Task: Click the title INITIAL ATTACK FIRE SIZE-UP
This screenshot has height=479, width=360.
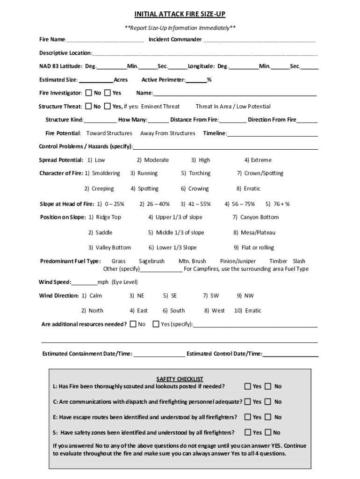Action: click(x=180, y=15)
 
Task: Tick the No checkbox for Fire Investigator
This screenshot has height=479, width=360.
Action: click(x=89, y=93)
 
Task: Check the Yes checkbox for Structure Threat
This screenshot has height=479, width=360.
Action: click(x=108, y=106)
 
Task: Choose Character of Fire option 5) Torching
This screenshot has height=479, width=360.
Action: click(x=196, y=173)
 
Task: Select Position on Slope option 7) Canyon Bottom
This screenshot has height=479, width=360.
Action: click(x=256, y=217)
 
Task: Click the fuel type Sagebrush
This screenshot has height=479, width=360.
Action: click(x=151, y=261)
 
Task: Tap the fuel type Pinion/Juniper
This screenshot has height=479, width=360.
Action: click(x=238, y=261)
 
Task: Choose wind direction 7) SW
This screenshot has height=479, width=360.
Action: click(x=211, y=296)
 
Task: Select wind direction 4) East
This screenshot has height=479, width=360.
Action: click(x=139, y=310)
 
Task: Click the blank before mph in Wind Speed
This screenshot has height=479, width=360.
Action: click(x=84, y=283)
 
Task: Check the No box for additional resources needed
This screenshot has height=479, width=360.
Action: click(x=133, y=324)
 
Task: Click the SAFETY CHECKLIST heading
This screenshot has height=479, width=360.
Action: click(x=180, y=379)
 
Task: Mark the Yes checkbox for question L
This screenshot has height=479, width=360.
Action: click(x=248, y=386)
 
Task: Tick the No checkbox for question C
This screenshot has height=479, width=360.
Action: click(x=268, y=402)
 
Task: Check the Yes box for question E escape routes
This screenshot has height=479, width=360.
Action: click(x=248, y=417)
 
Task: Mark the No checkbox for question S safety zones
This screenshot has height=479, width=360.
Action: click(x=268, y=432)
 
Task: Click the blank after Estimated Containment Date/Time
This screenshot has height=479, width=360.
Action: click(x=159, y=354)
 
